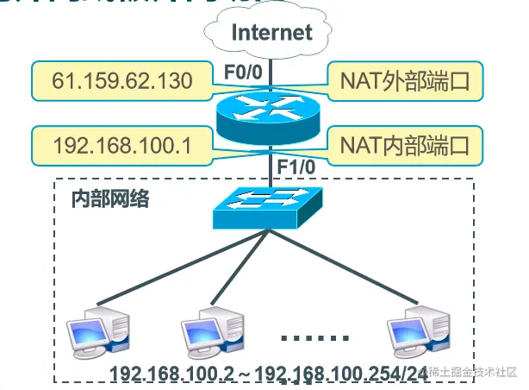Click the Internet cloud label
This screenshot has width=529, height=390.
[x=272, y=32]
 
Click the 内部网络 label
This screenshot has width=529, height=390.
[x=109, y=199]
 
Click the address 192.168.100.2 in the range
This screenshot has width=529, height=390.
[x=172, y=374]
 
